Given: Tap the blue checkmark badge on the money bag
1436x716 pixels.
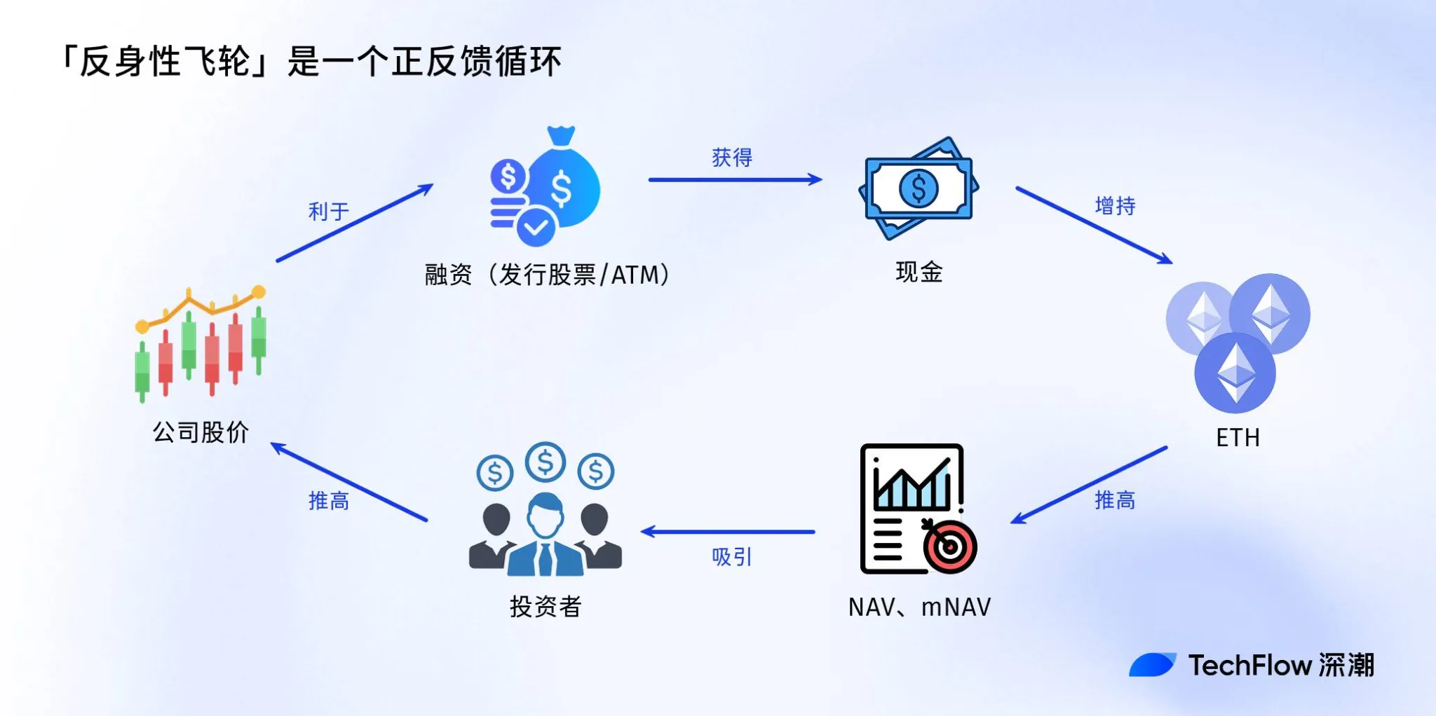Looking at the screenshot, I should coord(536,226).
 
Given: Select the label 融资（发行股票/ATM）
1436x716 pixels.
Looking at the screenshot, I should coord(547,275).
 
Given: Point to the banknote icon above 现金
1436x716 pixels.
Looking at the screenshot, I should coord(919,188).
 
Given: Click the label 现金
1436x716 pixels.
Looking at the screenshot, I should coord(919,272).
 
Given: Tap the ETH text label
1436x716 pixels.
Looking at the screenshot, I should coord(1238,438).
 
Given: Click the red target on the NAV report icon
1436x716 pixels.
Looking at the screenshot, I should coord(950,546).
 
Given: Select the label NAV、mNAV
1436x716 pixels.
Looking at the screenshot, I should coord(919,607).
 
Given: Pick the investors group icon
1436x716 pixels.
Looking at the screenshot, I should coord(546,511).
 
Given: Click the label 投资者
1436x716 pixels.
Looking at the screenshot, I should coord(546,607).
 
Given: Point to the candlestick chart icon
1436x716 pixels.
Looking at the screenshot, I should coord(201,343).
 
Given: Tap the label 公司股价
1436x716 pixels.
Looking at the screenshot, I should coord(201,432).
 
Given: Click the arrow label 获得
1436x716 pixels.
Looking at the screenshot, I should coord(732,158).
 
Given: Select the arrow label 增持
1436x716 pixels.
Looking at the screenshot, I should coord(1115,206).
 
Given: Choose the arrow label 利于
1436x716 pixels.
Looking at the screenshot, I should coord(328,211).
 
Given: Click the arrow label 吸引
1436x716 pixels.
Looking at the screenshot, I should coord(732,557).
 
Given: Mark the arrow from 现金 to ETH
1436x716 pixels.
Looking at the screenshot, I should coord(1094,225).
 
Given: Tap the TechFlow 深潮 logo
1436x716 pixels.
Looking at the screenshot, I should coord(1252,665).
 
